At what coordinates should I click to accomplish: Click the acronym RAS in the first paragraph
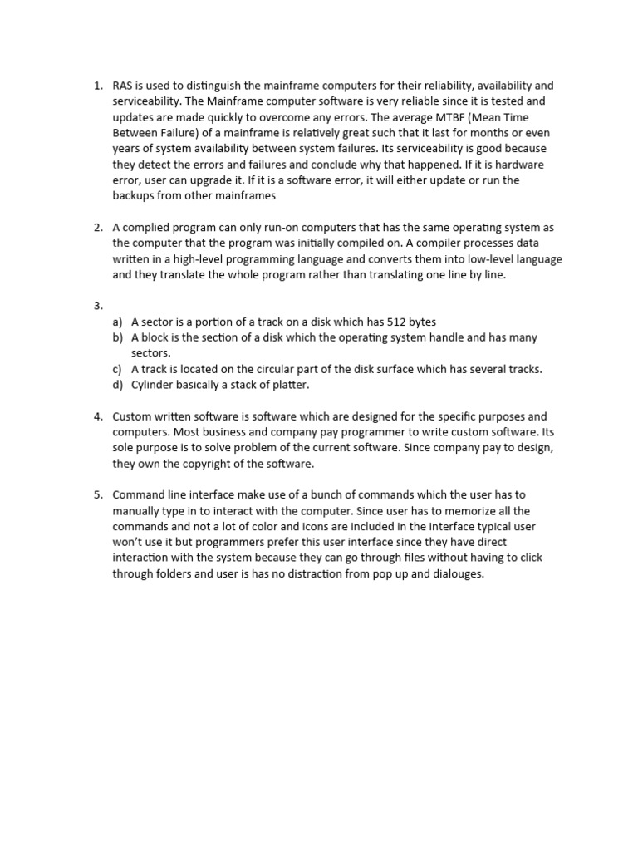(123, 86)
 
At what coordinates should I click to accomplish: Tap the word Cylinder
(154, 385)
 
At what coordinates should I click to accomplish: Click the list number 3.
(98, 306)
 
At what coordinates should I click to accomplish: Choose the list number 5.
(98, 495)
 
